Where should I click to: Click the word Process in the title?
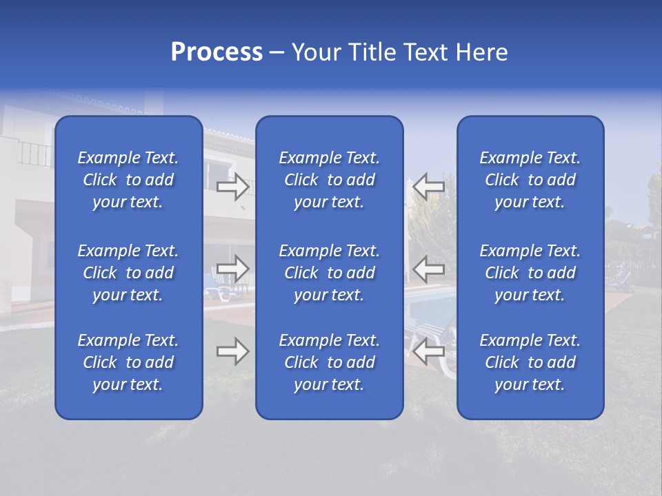217,52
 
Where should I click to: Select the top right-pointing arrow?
232,187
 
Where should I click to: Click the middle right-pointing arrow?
232,269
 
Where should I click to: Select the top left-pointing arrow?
429,187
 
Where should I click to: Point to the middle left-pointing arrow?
429,269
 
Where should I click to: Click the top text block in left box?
128,180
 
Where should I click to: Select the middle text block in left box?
128,273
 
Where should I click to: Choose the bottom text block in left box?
128,362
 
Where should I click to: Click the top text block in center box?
330,180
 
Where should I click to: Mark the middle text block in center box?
330,273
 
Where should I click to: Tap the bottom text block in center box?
330,362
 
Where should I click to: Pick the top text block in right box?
530,180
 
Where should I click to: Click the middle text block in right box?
530,273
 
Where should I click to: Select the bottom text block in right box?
530,362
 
